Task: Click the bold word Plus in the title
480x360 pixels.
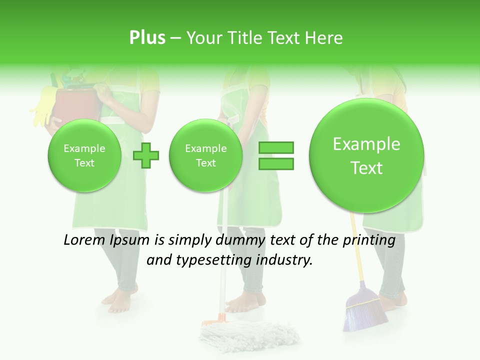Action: click(147, 37)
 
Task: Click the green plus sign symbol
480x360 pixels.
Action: click(146, 155)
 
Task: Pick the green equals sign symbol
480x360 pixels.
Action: click(276, 155)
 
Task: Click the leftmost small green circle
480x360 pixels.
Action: click(84, 155)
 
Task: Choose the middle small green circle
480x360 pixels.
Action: click(205, 155)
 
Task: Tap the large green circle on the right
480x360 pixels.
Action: click(366, 155)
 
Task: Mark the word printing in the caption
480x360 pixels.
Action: click(369, 240)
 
